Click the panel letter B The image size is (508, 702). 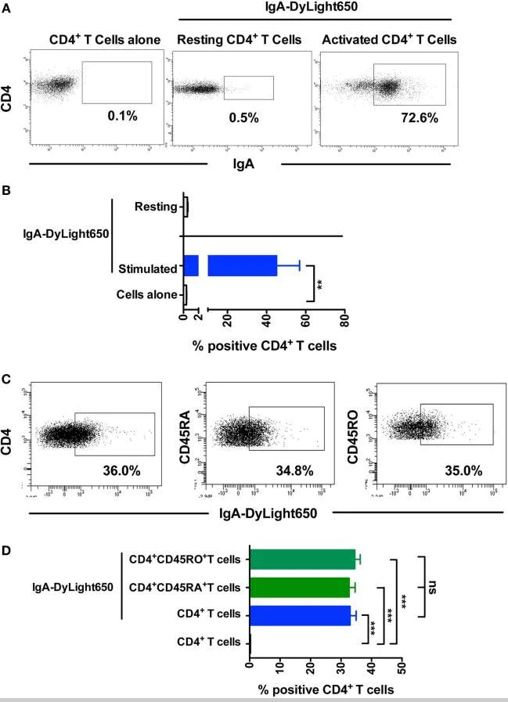coord(6,188)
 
